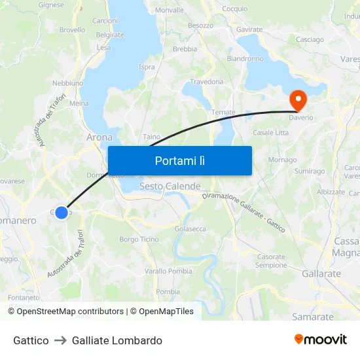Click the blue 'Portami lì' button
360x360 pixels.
(x=179, y=160)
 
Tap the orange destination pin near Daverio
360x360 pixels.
(x=298, y=99)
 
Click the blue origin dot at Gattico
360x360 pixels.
(x=62, y=213)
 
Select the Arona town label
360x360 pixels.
(x=99, y=137)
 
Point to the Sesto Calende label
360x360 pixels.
(x=170, y=187)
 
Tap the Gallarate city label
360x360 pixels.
(x=321, y=274)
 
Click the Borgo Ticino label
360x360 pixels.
(x=139, y=240)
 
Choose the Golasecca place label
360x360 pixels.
(x=190, y=229)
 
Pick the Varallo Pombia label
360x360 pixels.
(x=168, y=271)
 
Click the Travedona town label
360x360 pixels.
(x=206, y=82)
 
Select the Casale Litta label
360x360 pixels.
(x=270, y=133)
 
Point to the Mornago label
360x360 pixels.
(x=282, y=160)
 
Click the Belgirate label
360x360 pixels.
(x=109, y=35)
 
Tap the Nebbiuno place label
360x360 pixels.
(x=67, y=83)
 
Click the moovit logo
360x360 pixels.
(x=321, y=340)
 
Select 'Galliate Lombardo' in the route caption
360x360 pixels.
(x=117, y=340)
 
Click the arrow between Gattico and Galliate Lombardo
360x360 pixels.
(x=60, y=340)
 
